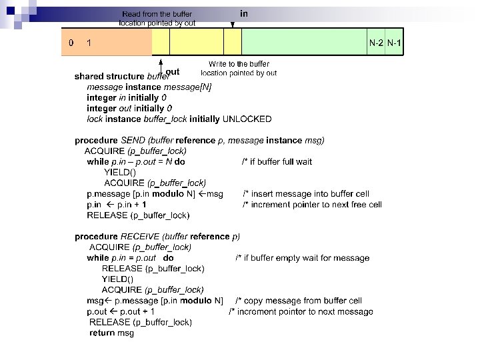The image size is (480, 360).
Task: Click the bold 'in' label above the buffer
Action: pos(244,13)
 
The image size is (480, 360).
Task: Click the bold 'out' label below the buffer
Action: pos(172,71)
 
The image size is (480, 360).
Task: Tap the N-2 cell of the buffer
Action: pos(376,43)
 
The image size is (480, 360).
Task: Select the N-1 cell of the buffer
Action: pos(395,43)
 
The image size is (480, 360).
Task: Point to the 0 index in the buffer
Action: pos(71,43)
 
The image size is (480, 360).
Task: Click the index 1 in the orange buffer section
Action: pos(89,43)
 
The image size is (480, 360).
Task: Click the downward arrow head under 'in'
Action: pos(232,25)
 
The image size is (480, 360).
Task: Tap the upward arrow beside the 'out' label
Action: pos(162,64)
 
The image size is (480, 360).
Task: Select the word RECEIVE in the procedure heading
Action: pos(139,237)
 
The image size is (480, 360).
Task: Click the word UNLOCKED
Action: pos(247,119)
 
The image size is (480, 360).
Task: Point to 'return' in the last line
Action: pos(101,333)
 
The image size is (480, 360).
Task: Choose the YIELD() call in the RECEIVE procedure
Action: pos(117,279)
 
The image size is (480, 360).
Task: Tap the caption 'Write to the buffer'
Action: pos(239,64)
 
